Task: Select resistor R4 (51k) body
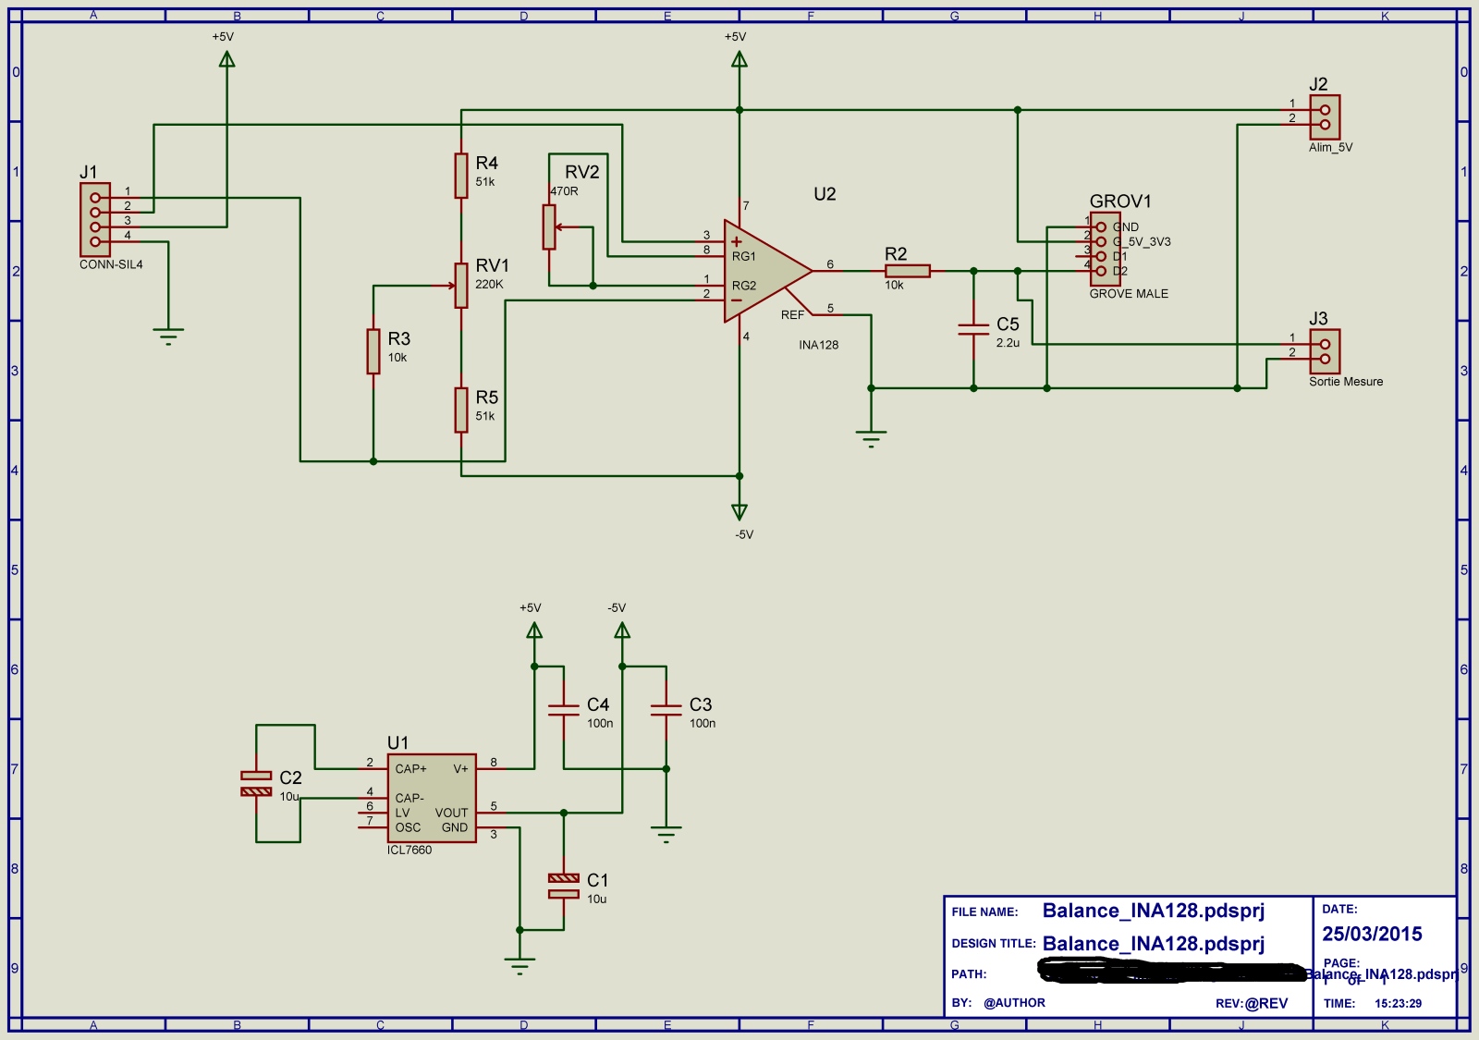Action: pyautogui.click(x=461, y=176)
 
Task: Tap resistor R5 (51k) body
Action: pyautogui.click(x=461, y=410)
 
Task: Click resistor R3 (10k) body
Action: pyautogui.click(x=373, y=351)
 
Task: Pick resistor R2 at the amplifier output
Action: pyautogui.click(x=907, y=271)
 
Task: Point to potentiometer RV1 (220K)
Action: pyautogui.click(x=461, y=285)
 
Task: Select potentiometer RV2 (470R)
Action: pyautogui.click(x=549, y=226)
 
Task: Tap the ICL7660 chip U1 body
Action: pyautogui.click(x=432, y=798)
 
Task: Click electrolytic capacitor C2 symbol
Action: pyautogui.click(x=256, y=783)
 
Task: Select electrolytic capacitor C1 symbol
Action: pyautogui.click(x=564, y=886)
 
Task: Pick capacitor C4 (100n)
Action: pyautogui.click(x=564, y=710)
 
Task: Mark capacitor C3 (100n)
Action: pyautogui.click(x=666, y=710)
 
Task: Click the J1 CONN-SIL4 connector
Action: pyautogui.click(x=95, y=219)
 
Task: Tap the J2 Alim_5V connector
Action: pyautogui.click(x=1325, y=117)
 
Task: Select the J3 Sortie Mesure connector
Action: pyautogui.click(x=1325, y=351)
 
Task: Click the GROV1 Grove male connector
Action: pyautogui.click(x=1105, y=249)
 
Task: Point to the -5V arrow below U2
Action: pyautogui.click(x=739, y=511)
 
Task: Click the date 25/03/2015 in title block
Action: pyautogui.click(x=1372, y=934)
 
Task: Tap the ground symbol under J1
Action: pyautogui.click(x=168, y=335)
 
